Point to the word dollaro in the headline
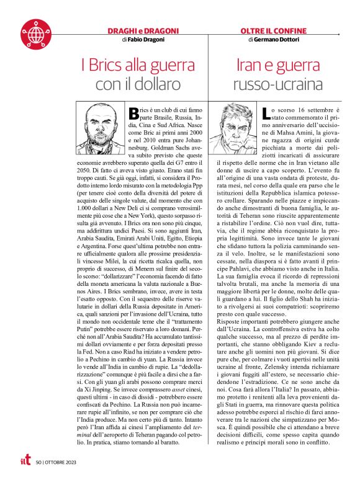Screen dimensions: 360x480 (148, 82)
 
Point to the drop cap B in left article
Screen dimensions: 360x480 (132, 113)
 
